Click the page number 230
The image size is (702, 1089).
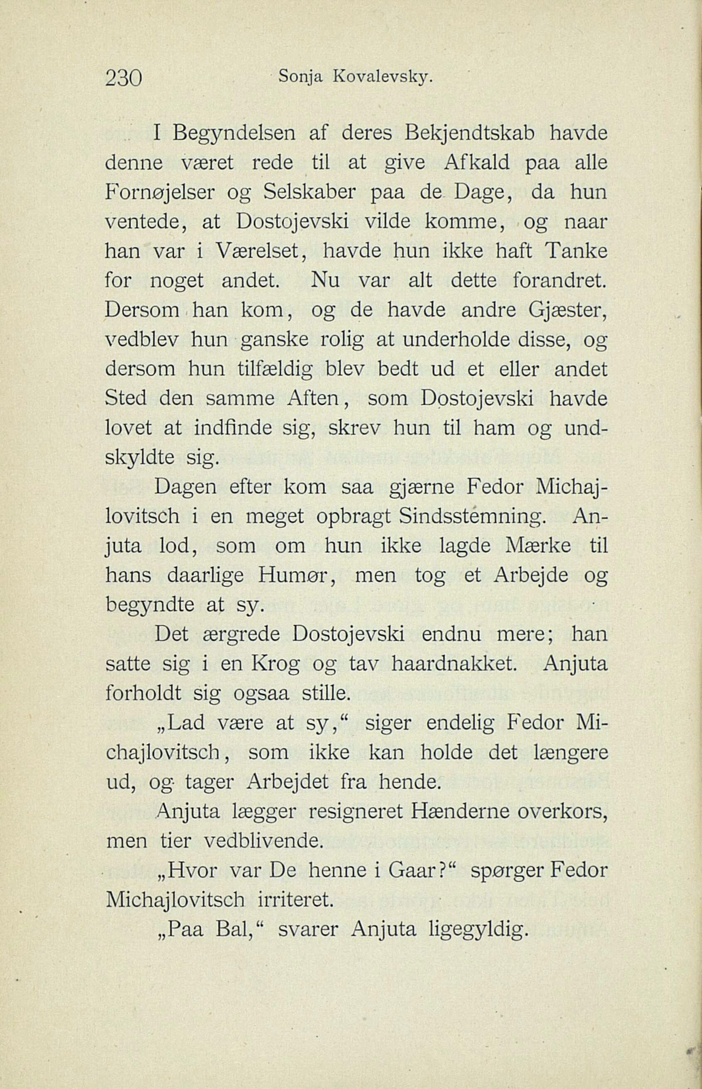[124, 78]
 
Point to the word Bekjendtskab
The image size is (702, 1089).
[471, 134]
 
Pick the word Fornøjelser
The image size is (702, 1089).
[160, 193]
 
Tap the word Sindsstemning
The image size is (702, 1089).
[471, 517]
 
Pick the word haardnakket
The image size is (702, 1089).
[454, 664]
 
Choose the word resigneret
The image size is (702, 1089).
[355, 812]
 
